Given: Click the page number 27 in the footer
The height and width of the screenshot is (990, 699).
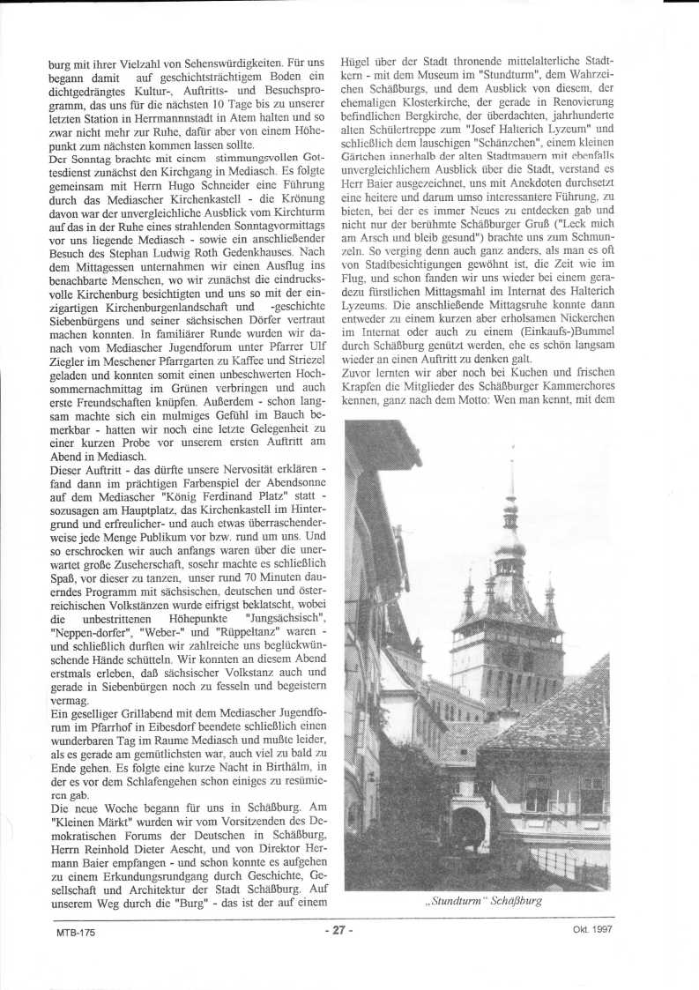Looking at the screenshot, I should pos(338,930).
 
